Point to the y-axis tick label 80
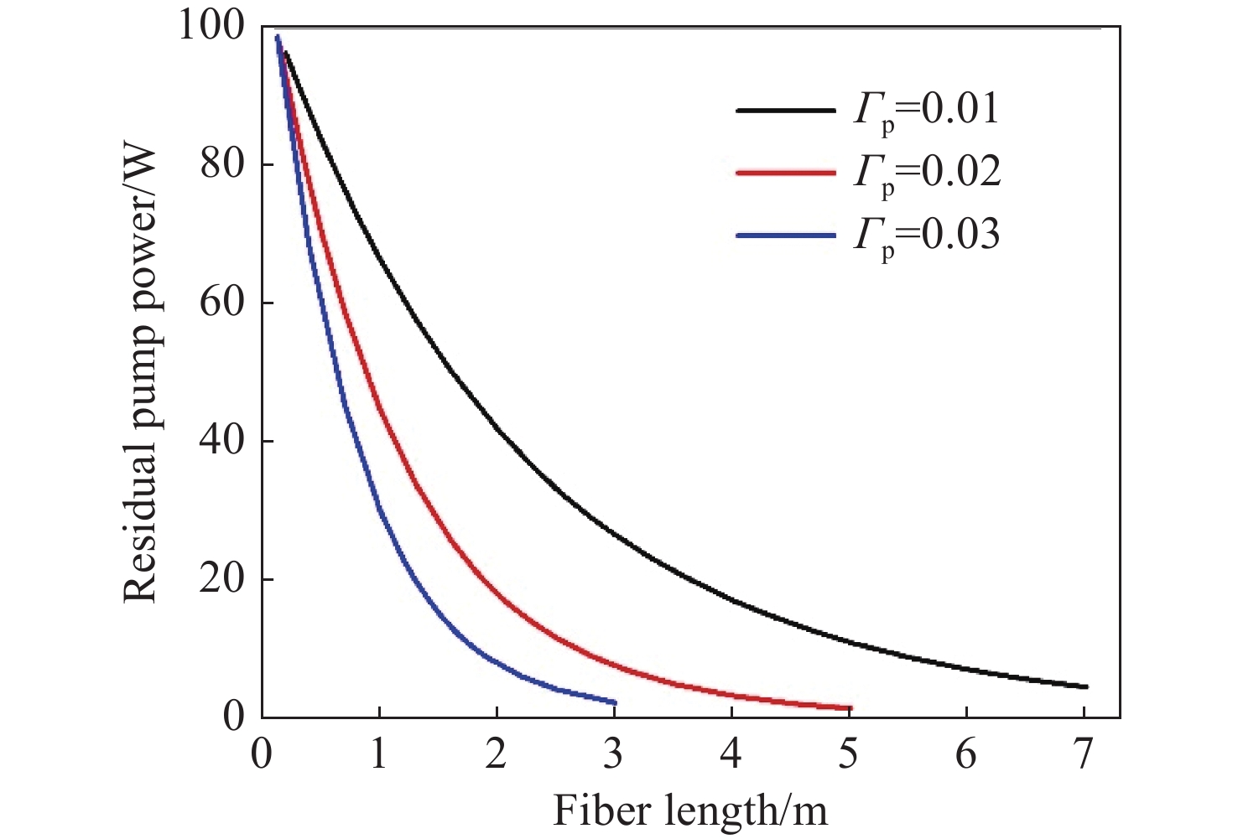click(223, 165)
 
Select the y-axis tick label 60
click(223, 303)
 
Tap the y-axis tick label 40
click(223, 441)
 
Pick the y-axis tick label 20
click(223, 579)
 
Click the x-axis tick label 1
click(379, 756)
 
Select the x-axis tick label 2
click(497, 756)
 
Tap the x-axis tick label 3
click(614, 756)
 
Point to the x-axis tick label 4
click(731, 756)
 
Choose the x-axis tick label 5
click(849, 756)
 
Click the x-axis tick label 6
click(966, 756)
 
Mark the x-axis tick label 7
click(1084, 756)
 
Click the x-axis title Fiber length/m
click(690, 810)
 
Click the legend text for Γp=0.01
click(927, 111)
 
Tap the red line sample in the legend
click(786, 173)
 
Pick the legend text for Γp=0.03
click(927, 236)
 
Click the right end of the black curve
click(1086, 686)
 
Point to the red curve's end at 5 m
click(850, 708)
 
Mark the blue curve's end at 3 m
click(615, 702)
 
